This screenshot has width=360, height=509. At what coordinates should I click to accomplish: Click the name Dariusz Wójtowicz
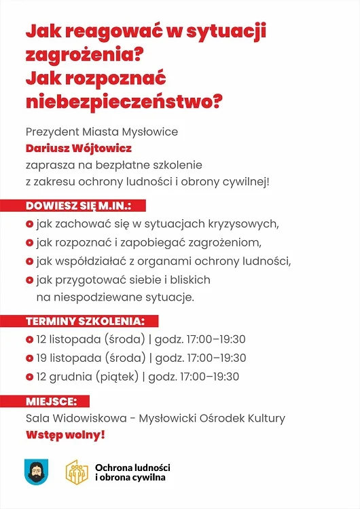pyautogui.click(x=79, y=148)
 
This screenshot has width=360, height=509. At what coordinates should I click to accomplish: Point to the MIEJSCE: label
pyautogui.click(x=56, y=400)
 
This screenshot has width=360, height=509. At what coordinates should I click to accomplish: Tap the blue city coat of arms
pyautogui.click(x=36, y=471)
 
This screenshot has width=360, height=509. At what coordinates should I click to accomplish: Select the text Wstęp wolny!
pyautogui.click(x=65, y=434)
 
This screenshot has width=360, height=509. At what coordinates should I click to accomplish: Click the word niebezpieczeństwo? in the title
pyautogui.click(x=124, y=102)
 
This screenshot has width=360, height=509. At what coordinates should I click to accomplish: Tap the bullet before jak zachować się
pyautogui.click(x=29, y=223)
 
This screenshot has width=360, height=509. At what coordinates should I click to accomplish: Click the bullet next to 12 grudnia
pyautogui.click(x=29, y=377)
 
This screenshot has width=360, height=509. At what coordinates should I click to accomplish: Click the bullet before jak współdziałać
pyautogui.click(x=29, y=261)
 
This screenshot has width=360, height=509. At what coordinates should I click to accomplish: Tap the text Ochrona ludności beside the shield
pyautogui.click(x=133, y=467)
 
